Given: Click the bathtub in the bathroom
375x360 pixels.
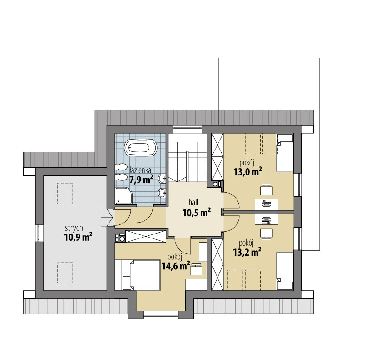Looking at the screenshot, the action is coord(141,148).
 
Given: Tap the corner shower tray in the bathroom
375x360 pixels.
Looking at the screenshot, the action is coord(123,196).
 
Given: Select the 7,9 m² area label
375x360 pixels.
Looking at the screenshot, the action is coord(141,180).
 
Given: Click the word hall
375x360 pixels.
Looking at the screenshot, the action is coord(193,203).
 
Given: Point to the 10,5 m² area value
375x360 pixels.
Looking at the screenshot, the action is coord(197,212).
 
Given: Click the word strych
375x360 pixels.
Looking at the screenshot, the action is coord(74,228).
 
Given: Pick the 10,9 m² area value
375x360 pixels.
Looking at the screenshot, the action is coord(78,237).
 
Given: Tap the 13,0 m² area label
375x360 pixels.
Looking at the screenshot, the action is coord(247,171).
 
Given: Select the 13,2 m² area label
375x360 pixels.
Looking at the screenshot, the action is coord(247,252).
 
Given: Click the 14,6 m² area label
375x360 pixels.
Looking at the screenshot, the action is coord(176,265).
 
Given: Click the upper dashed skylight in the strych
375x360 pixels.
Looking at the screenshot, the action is coord(65,193).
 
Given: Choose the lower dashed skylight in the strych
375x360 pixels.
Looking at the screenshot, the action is coord(65,272).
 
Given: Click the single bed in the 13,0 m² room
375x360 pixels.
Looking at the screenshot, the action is coord(285,153).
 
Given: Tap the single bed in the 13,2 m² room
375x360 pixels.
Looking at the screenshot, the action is coord(285,271).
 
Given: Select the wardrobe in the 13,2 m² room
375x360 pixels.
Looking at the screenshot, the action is coord(217,264).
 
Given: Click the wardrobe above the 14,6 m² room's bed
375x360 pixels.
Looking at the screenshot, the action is coord(146,237).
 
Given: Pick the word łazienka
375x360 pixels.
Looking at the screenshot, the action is coord(140,170).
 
